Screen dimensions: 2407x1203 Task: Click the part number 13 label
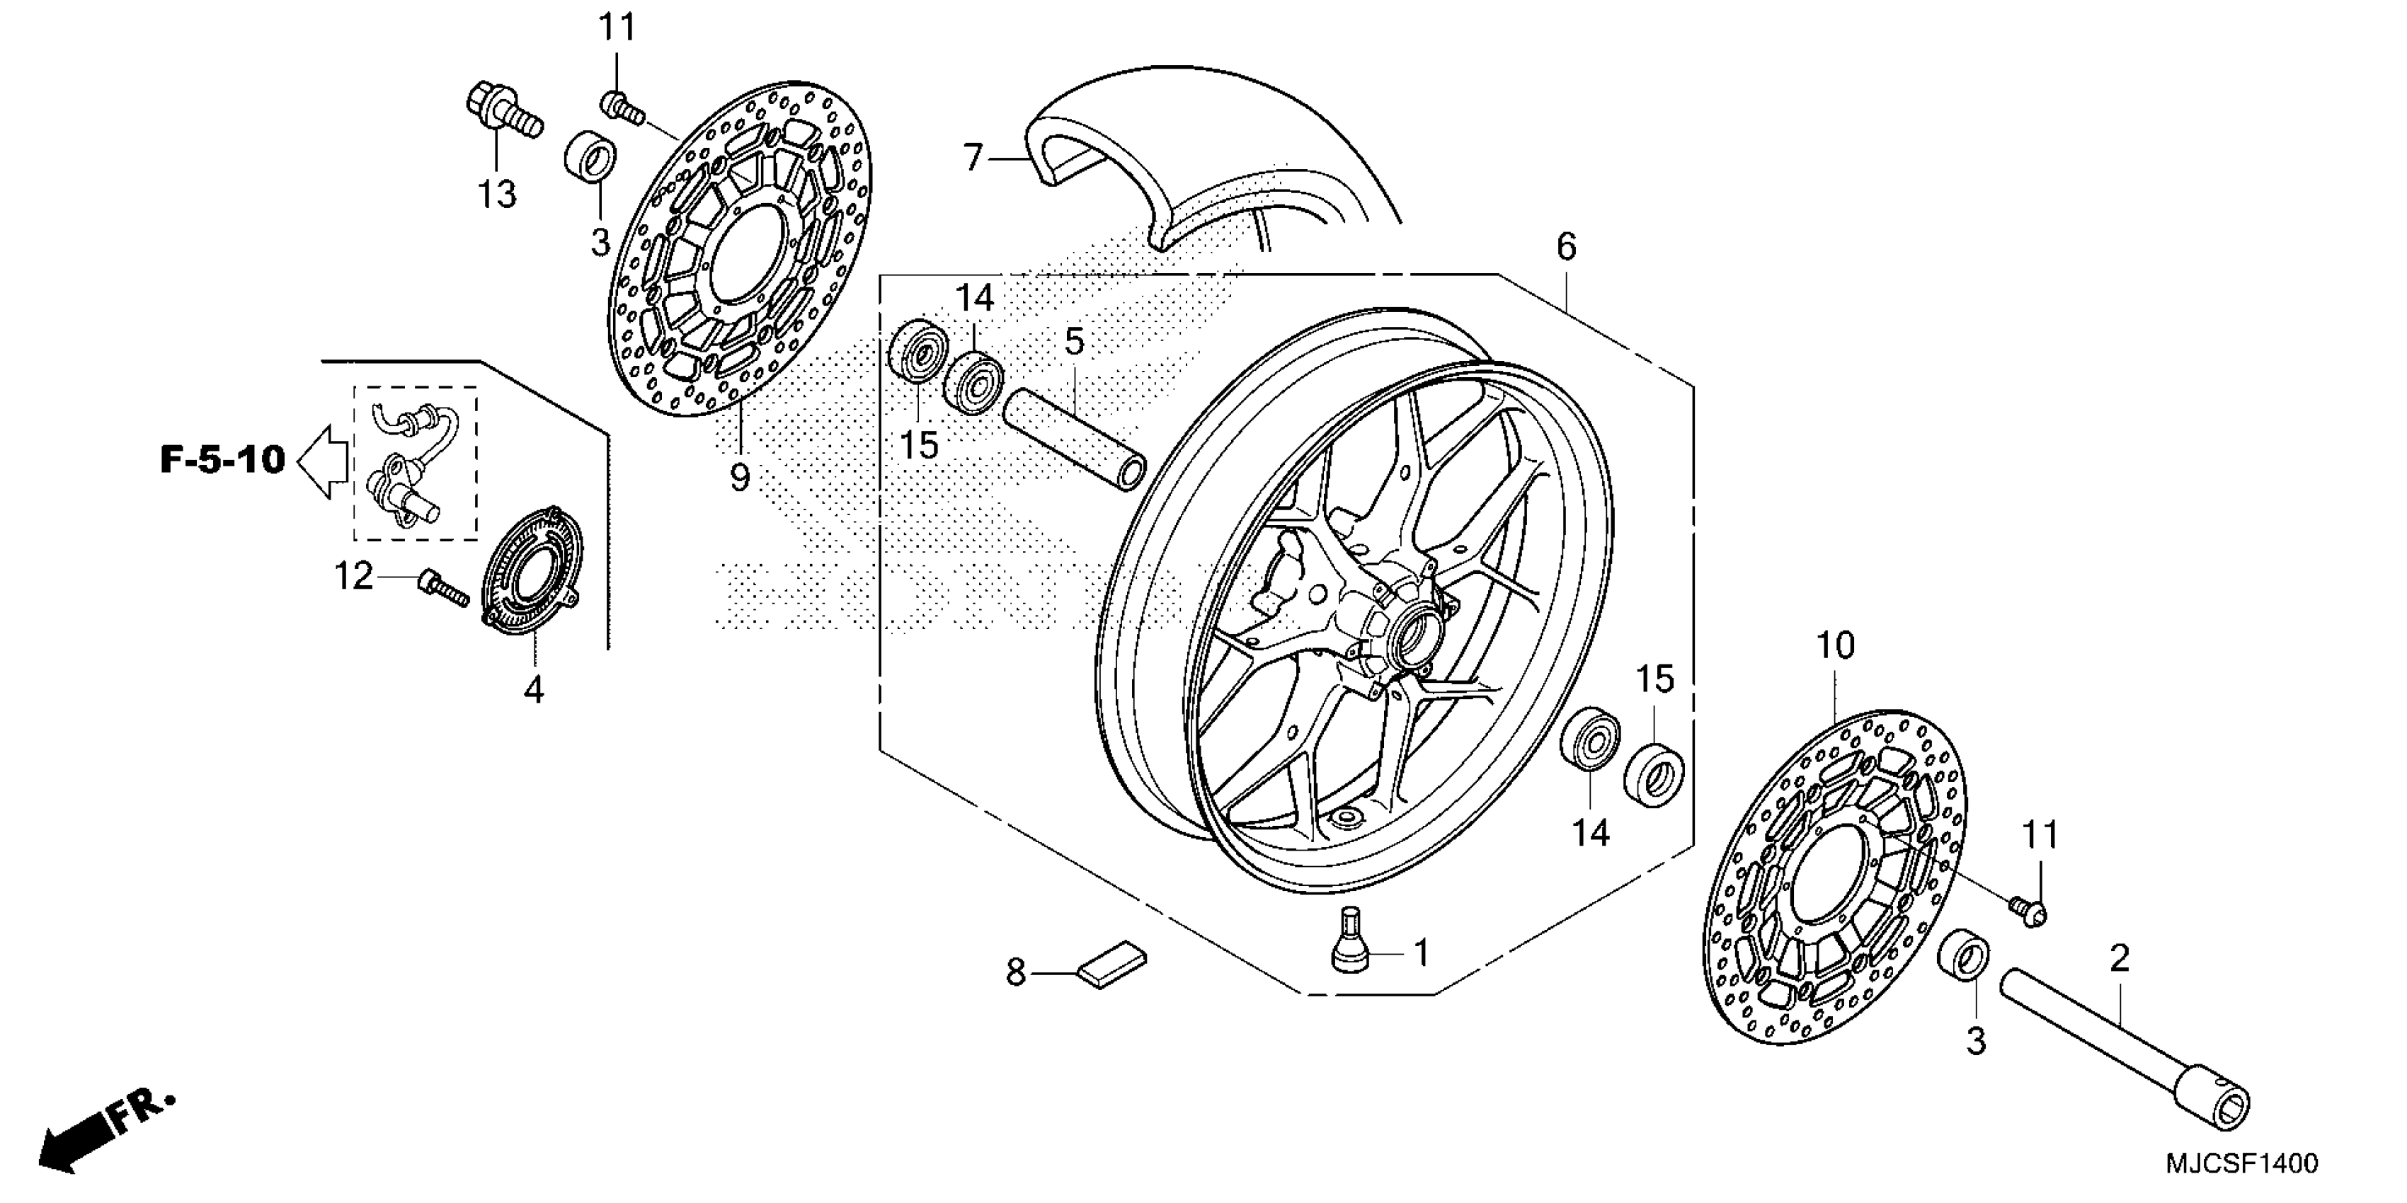point(497,195)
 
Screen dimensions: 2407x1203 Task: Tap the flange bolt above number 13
point(503,114)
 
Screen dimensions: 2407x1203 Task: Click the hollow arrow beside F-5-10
point(322,461)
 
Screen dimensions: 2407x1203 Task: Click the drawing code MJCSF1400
point(2241,1165)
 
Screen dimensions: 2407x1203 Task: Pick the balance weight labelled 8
point(1112,964)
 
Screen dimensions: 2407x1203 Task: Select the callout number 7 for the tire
point(973,159)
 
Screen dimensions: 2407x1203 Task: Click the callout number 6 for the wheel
point(1567,248)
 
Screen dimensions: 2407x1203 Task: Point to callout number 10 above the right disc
point(1835,645)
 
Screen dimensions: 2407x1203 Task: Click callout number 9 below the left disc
point(739,477)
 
